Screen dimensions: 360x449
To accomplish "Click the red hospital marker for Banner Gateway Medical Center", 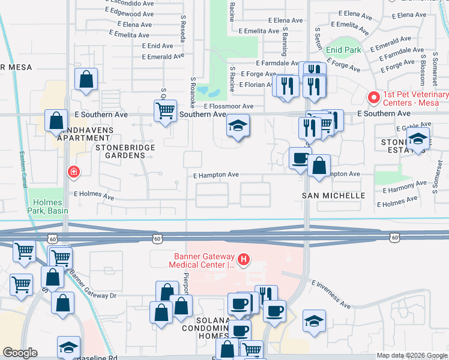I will click(244, 260).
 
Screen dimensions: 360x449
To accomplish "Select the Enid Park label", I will click(344, 50).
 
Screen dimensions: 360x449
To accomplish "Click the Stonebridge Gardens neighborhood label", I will click(125, 151).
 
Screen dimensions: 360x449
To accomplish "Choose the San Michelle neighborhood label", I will click(333, 196).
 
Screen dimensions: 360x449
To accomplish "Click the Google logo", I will click(20, 353).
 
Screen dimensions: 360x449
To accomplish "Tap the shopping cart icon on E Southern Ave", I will click(164, 110).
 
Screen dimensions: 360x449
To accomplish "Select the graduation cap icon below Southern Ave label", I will click(238, 127).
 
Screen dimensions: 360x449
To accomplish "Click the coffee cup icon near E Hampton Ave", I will click(300, 158).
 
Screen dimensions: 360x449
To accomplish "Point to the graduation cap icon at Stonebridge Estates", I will click(418, 139).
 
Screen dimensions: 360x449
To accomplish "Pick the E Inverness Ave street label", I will click(331, 294).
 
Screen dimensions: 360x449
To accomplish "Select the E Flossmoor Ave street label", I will click(228, 106).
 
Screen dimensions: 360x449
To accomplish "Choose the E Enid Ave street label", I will click(157, 46).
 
